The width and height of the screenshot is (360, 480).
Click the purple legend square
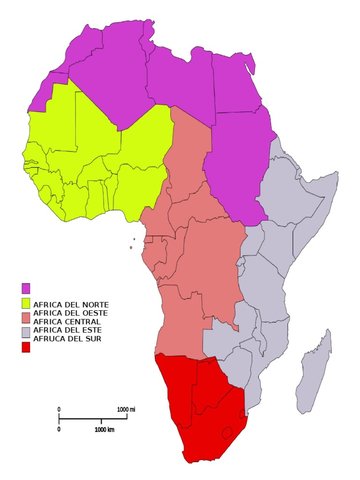(x=26, y=287)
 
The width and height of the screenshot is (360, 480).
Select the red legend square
(x=26, y=347)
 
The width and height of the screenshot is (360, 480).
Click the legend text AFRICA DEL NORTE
(x=71, y=305)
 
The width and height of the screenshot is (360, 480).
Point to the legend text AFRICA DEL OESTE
(x=71, y=313)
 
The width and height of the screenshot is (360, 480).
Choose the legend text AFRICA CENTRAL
(x=67, y=322)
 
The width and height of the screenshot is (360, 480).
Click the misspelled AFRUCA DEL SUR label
(x=67, y=338)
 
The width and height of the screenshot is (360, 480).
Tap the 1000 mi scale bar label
(x=126, y=409)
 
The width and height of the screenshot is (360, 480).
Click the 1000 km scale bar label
(x=105, y=429)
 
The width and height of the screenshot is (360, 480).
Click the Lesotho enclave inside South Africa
(x=228, y=432)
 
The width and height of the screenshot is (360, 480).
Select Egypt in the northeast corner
(x=234, y=84)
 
